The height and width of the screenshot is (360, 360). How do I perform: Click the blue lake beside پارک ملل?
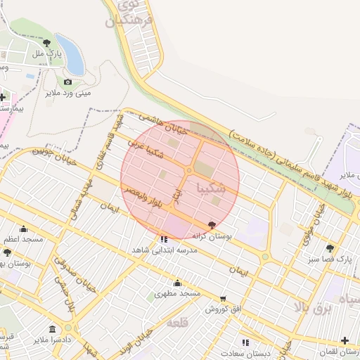coord(70,55)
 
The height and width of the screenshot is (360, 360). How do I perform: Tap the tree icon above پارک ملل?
coord(47,43)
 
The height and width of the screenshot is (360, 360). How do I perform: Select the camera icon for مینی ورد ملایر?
coord(67,82)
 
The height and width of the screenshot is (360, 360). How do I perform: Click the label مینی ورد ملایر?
coord(69,92)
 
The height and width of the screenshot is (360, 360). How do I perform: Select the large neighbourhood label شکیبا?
coord(212,188)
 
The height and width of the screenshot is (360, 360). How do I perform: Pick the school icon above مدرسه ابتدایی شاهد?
coord(165,240)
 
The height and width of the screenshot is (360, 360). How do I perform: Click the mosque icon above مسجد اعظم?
coord(23,229)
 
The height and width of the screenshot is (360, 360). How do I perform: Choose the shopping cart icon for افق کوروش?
coord(223,299)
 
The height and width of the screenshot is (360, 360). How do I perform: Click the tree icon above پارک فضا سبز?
coord(330,248)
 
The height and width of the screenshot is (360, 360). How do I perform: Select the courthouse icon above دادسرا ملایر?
coord(53,329)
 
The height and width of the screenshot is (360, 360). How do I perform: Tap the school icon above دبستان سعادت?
coord(245,342)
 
